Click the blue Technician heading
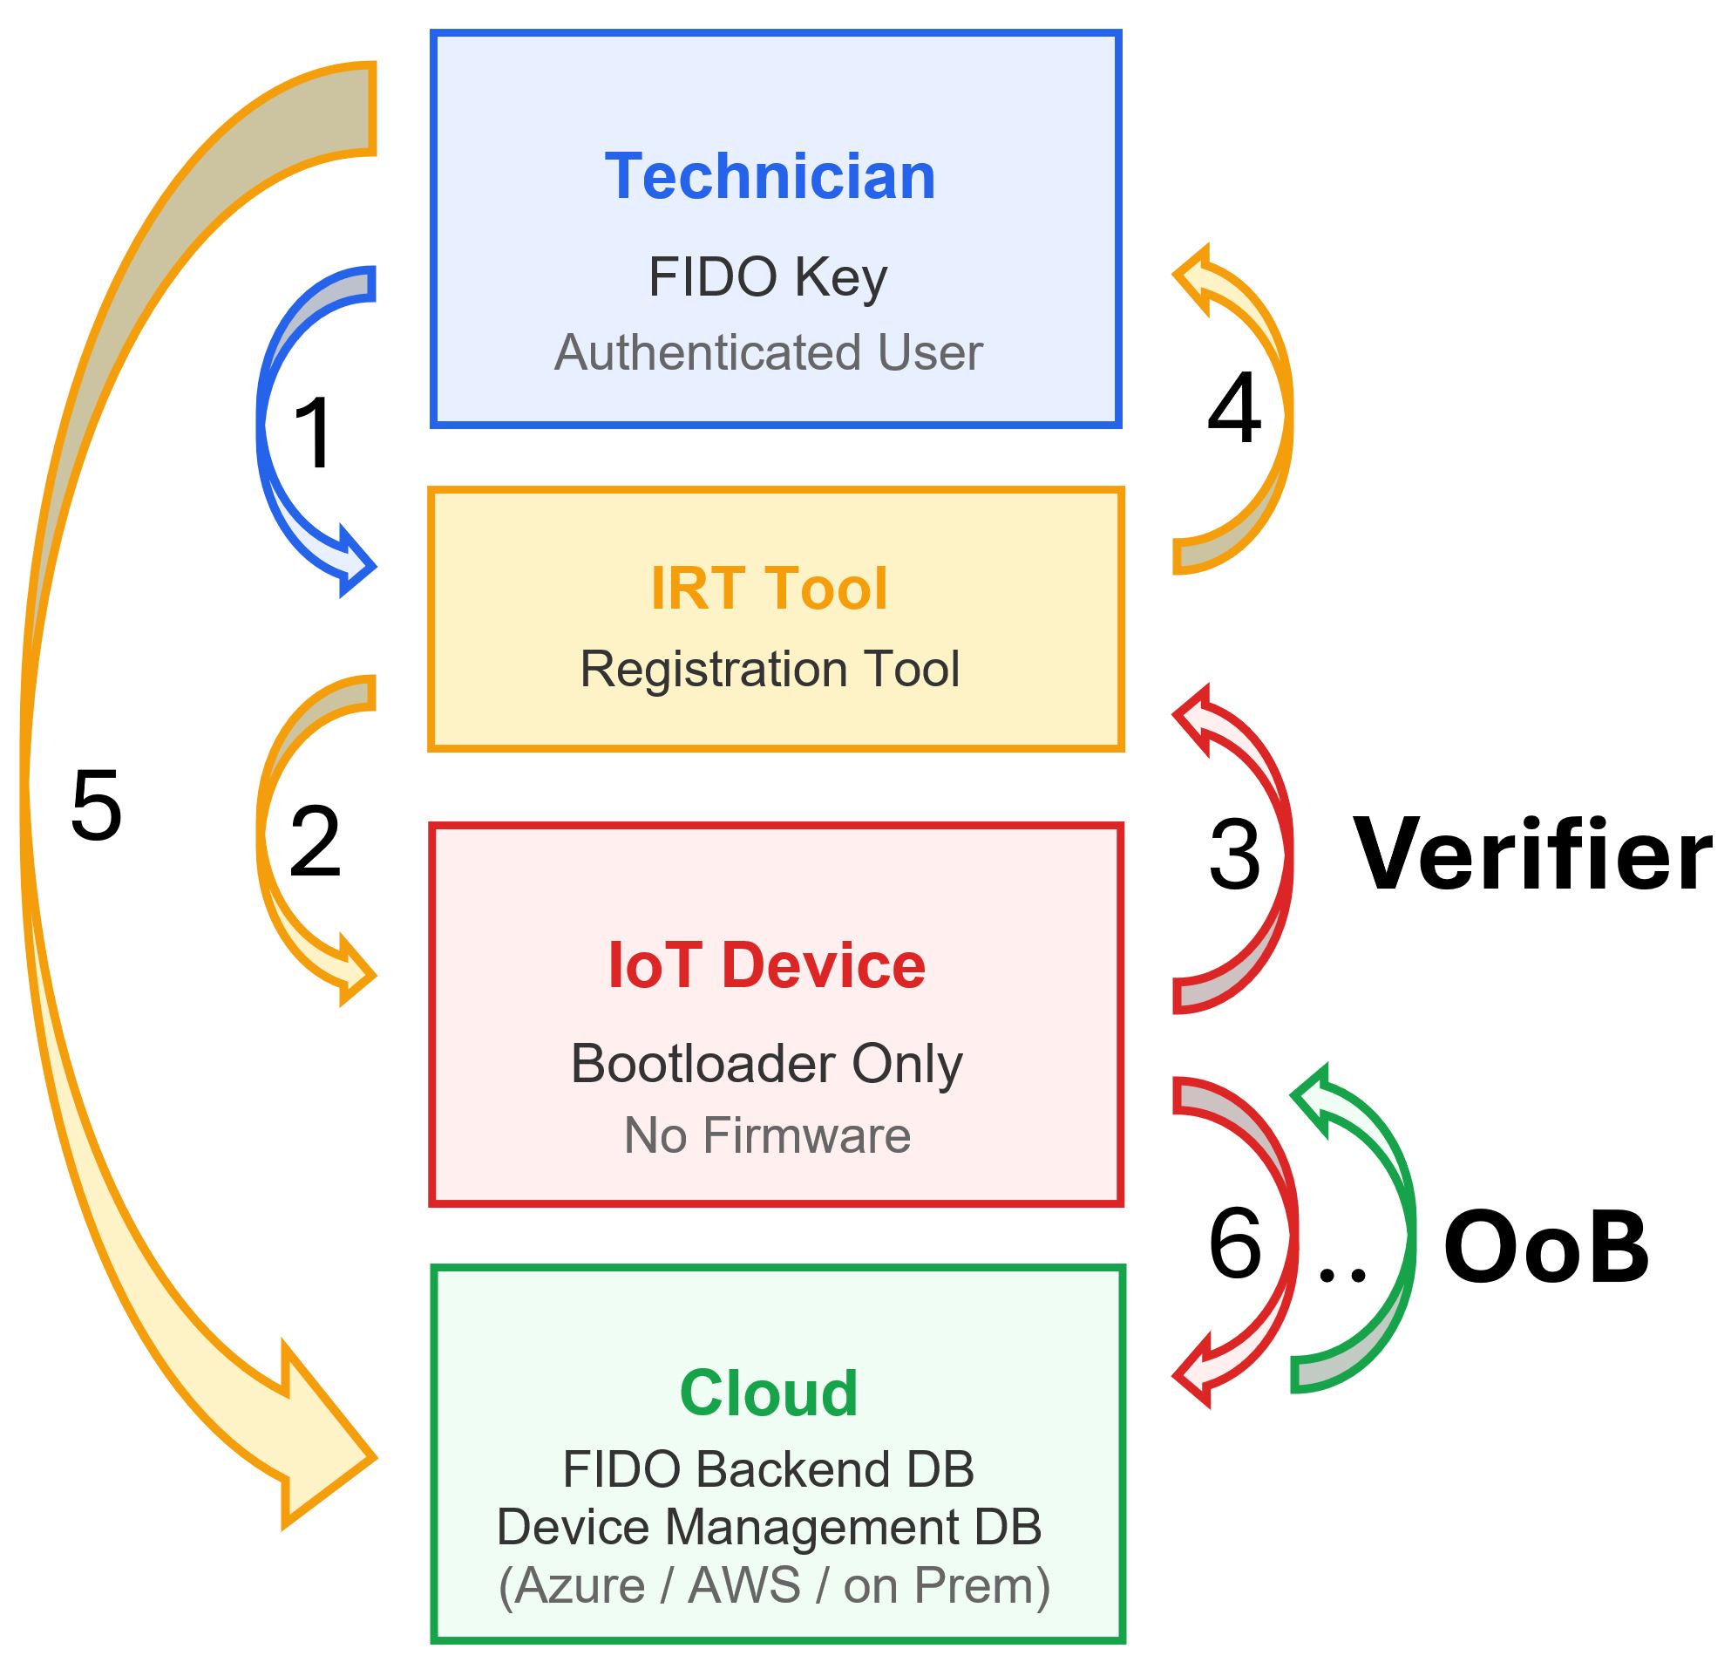(x=770, y=177)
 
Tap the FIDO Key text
(x=767, y=277)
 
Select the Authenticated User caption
(x=769, y=352)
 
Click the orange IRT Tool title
(x=769, y=589)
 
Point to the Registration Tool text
(x=770, y=669)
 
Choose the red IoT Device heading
(x=767, y=964)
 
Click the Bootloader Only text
(x=767, y=1063)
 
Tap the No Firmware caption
(x=767, y=1135)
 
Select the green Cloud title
(x=769, y=1393)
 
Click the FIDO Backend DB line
(x=769, y=1469)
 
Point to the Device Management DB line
(x=769, y=1527)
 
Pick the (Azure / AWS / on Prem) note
(x=774, y=1585)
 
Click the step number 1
(x=314, y=433)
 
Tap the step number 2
(x=315, y=842)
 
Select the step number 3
(x=1234, y=855)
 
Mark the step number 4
(x=1234, y=408)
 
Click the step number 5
(x=95, y=806)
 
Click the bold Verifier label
(x=1532, y=855)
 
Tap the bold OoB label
(x=1545, y=1248)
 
